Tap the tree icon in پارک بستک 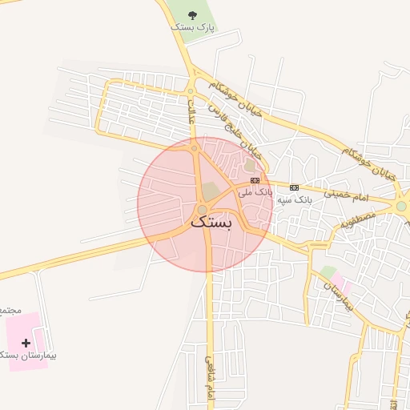[192, 15]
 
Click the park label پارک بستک [194, 27]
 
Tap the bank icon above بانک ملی [255, 180]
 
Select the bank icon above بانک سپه [294, 187]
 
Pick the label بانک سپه [293, 199]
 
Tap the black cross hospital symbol [26, 342]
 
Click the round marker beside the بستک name [201, 210]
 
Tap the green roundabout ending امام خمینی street [400, 206]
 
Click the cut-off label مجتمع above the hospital [6, 308]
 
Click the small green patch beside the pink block [328, 272]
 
